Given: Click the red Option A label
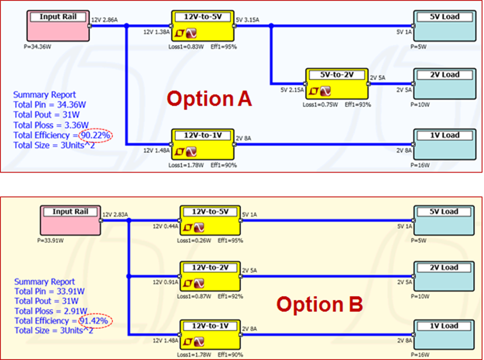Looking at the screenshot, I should click(209, 98).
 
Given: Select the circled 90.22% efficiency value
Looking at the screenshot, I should click(96, 136).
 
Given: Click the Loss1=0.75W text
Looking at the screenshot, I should click(317, 104).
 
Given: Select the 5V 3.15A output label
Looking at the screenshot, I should click(248, 20).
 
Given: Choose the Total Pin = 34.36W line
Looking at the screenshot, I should click(49, 105).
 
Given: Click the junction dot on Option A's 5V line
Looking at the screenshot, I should click(271, 25).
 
